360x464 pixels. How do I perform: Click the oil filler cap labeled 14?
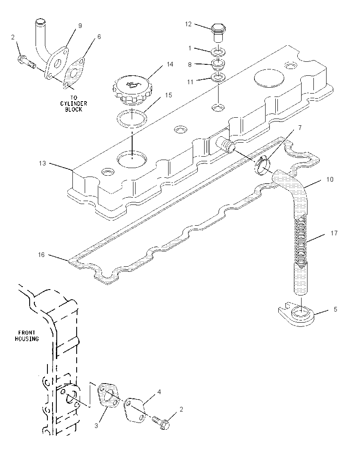(132, 90)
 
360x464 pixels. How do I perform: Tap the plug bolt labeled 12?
(218, 33)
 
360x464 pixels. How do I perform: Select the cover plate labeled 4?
(134, 409)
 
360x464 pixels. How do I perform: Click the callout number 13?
(42, 163)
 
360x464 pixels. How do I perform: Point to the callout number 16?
(41, 255)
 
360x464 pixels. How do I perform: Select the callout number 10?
(330, 180)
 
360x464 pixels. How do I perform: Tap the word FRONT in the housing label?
(27, 333)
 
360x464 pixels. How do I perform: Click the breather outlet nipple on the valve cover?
(225, 145)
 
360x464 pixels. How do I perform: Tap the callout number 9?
(80, 26)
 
